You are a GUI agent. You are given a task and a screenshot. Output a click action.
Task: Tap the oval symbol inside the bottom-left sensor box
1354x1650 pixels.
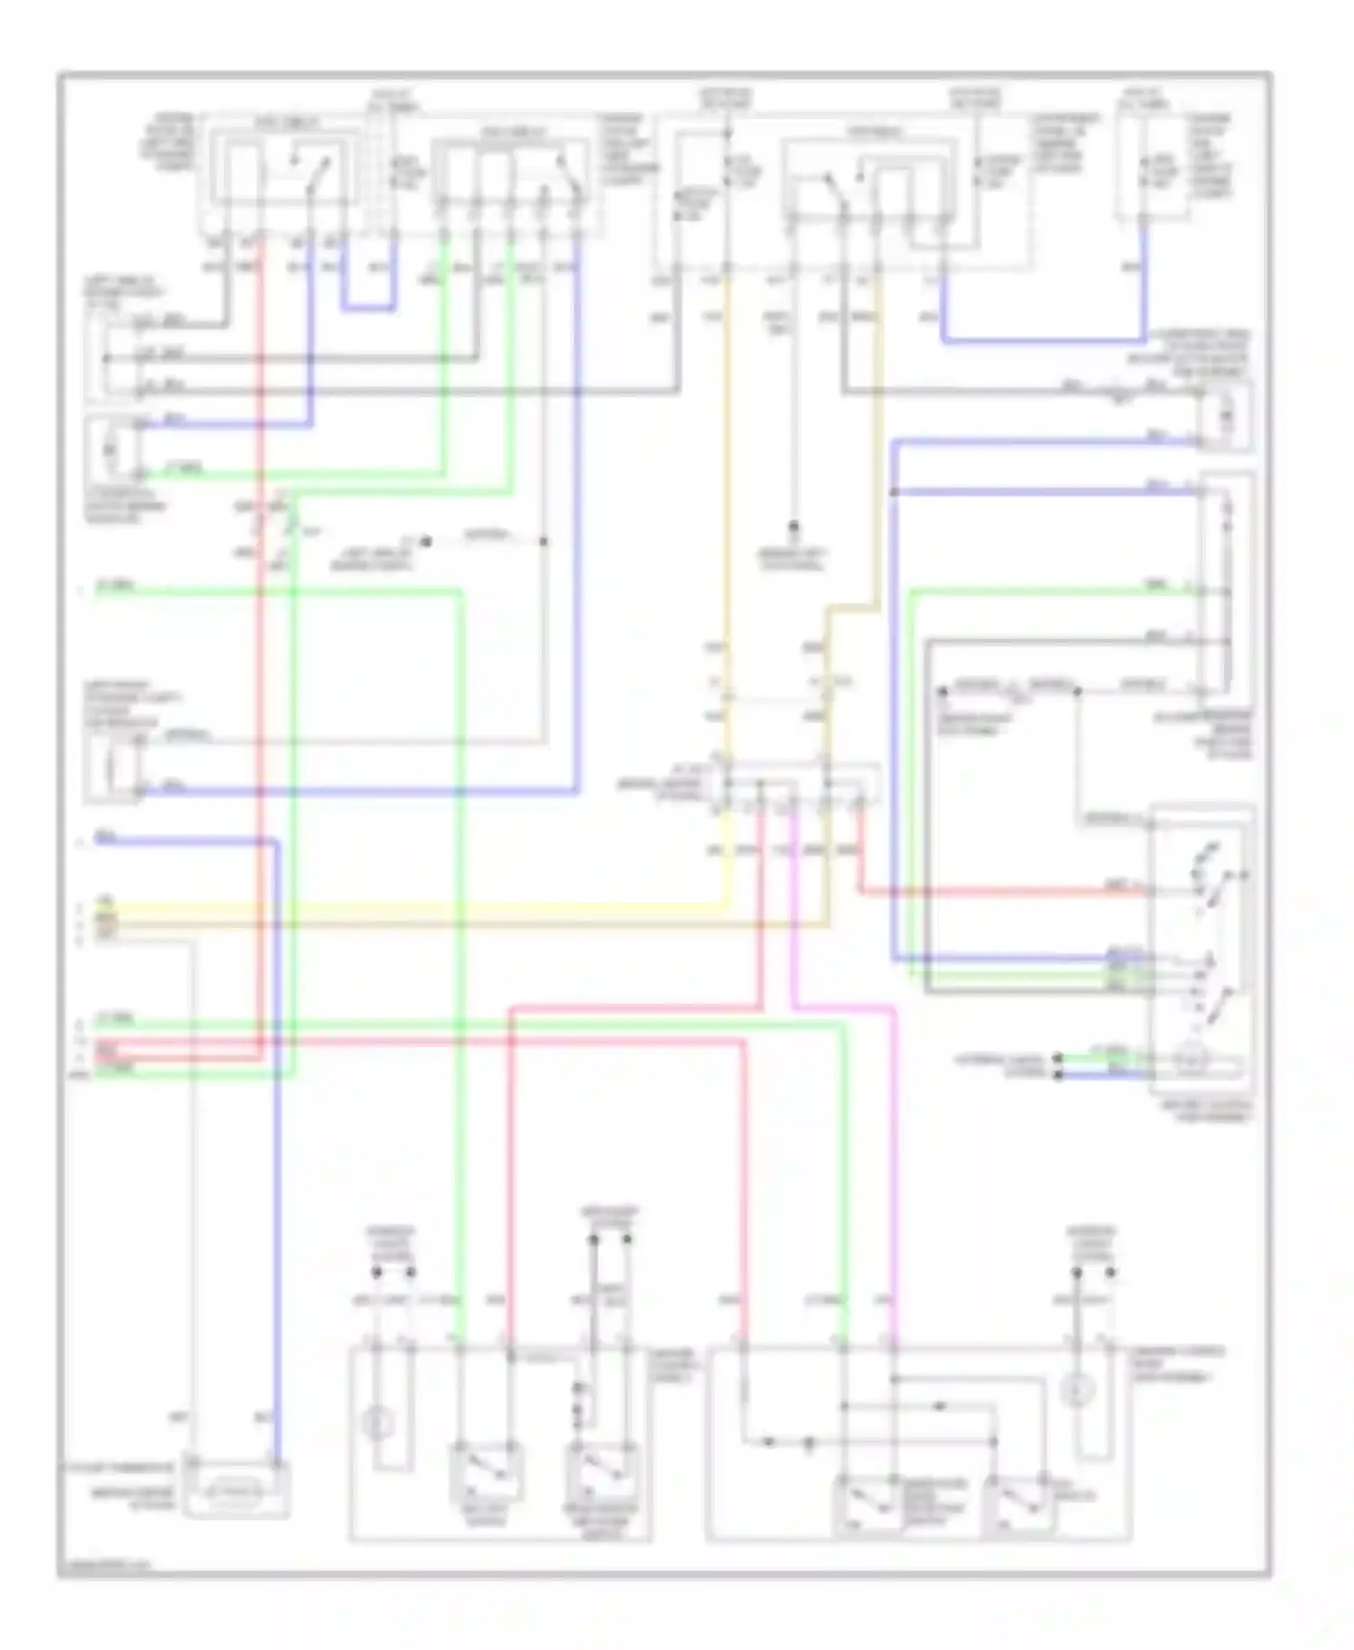point(236,1494)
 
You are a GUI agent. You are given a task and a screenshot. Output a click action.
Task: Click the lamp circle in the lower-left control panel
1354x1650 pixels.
point(378,1425)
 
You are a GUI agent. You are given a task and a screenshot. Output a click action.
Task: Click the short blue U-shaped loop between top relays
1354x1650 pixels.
point(368,308)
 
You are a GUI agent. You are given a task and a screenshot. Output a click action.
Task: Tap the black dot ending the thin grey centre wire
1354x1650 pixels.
point(794,525)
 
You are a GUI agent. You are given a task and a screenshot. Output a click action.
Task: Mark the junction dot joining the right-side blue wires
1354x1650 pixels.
point(894,492)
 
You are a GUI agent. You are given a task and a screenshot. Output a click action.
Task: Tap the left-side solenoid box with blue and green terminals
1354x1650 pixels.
point(113,449)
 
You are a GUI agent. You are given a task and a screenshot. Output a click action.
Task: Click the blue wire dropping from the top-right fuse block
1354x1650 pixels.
point(1144,280)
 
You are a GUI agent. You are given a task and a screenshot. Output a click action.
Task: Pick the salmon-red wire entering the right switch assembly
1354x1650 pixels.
point(993,893)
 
